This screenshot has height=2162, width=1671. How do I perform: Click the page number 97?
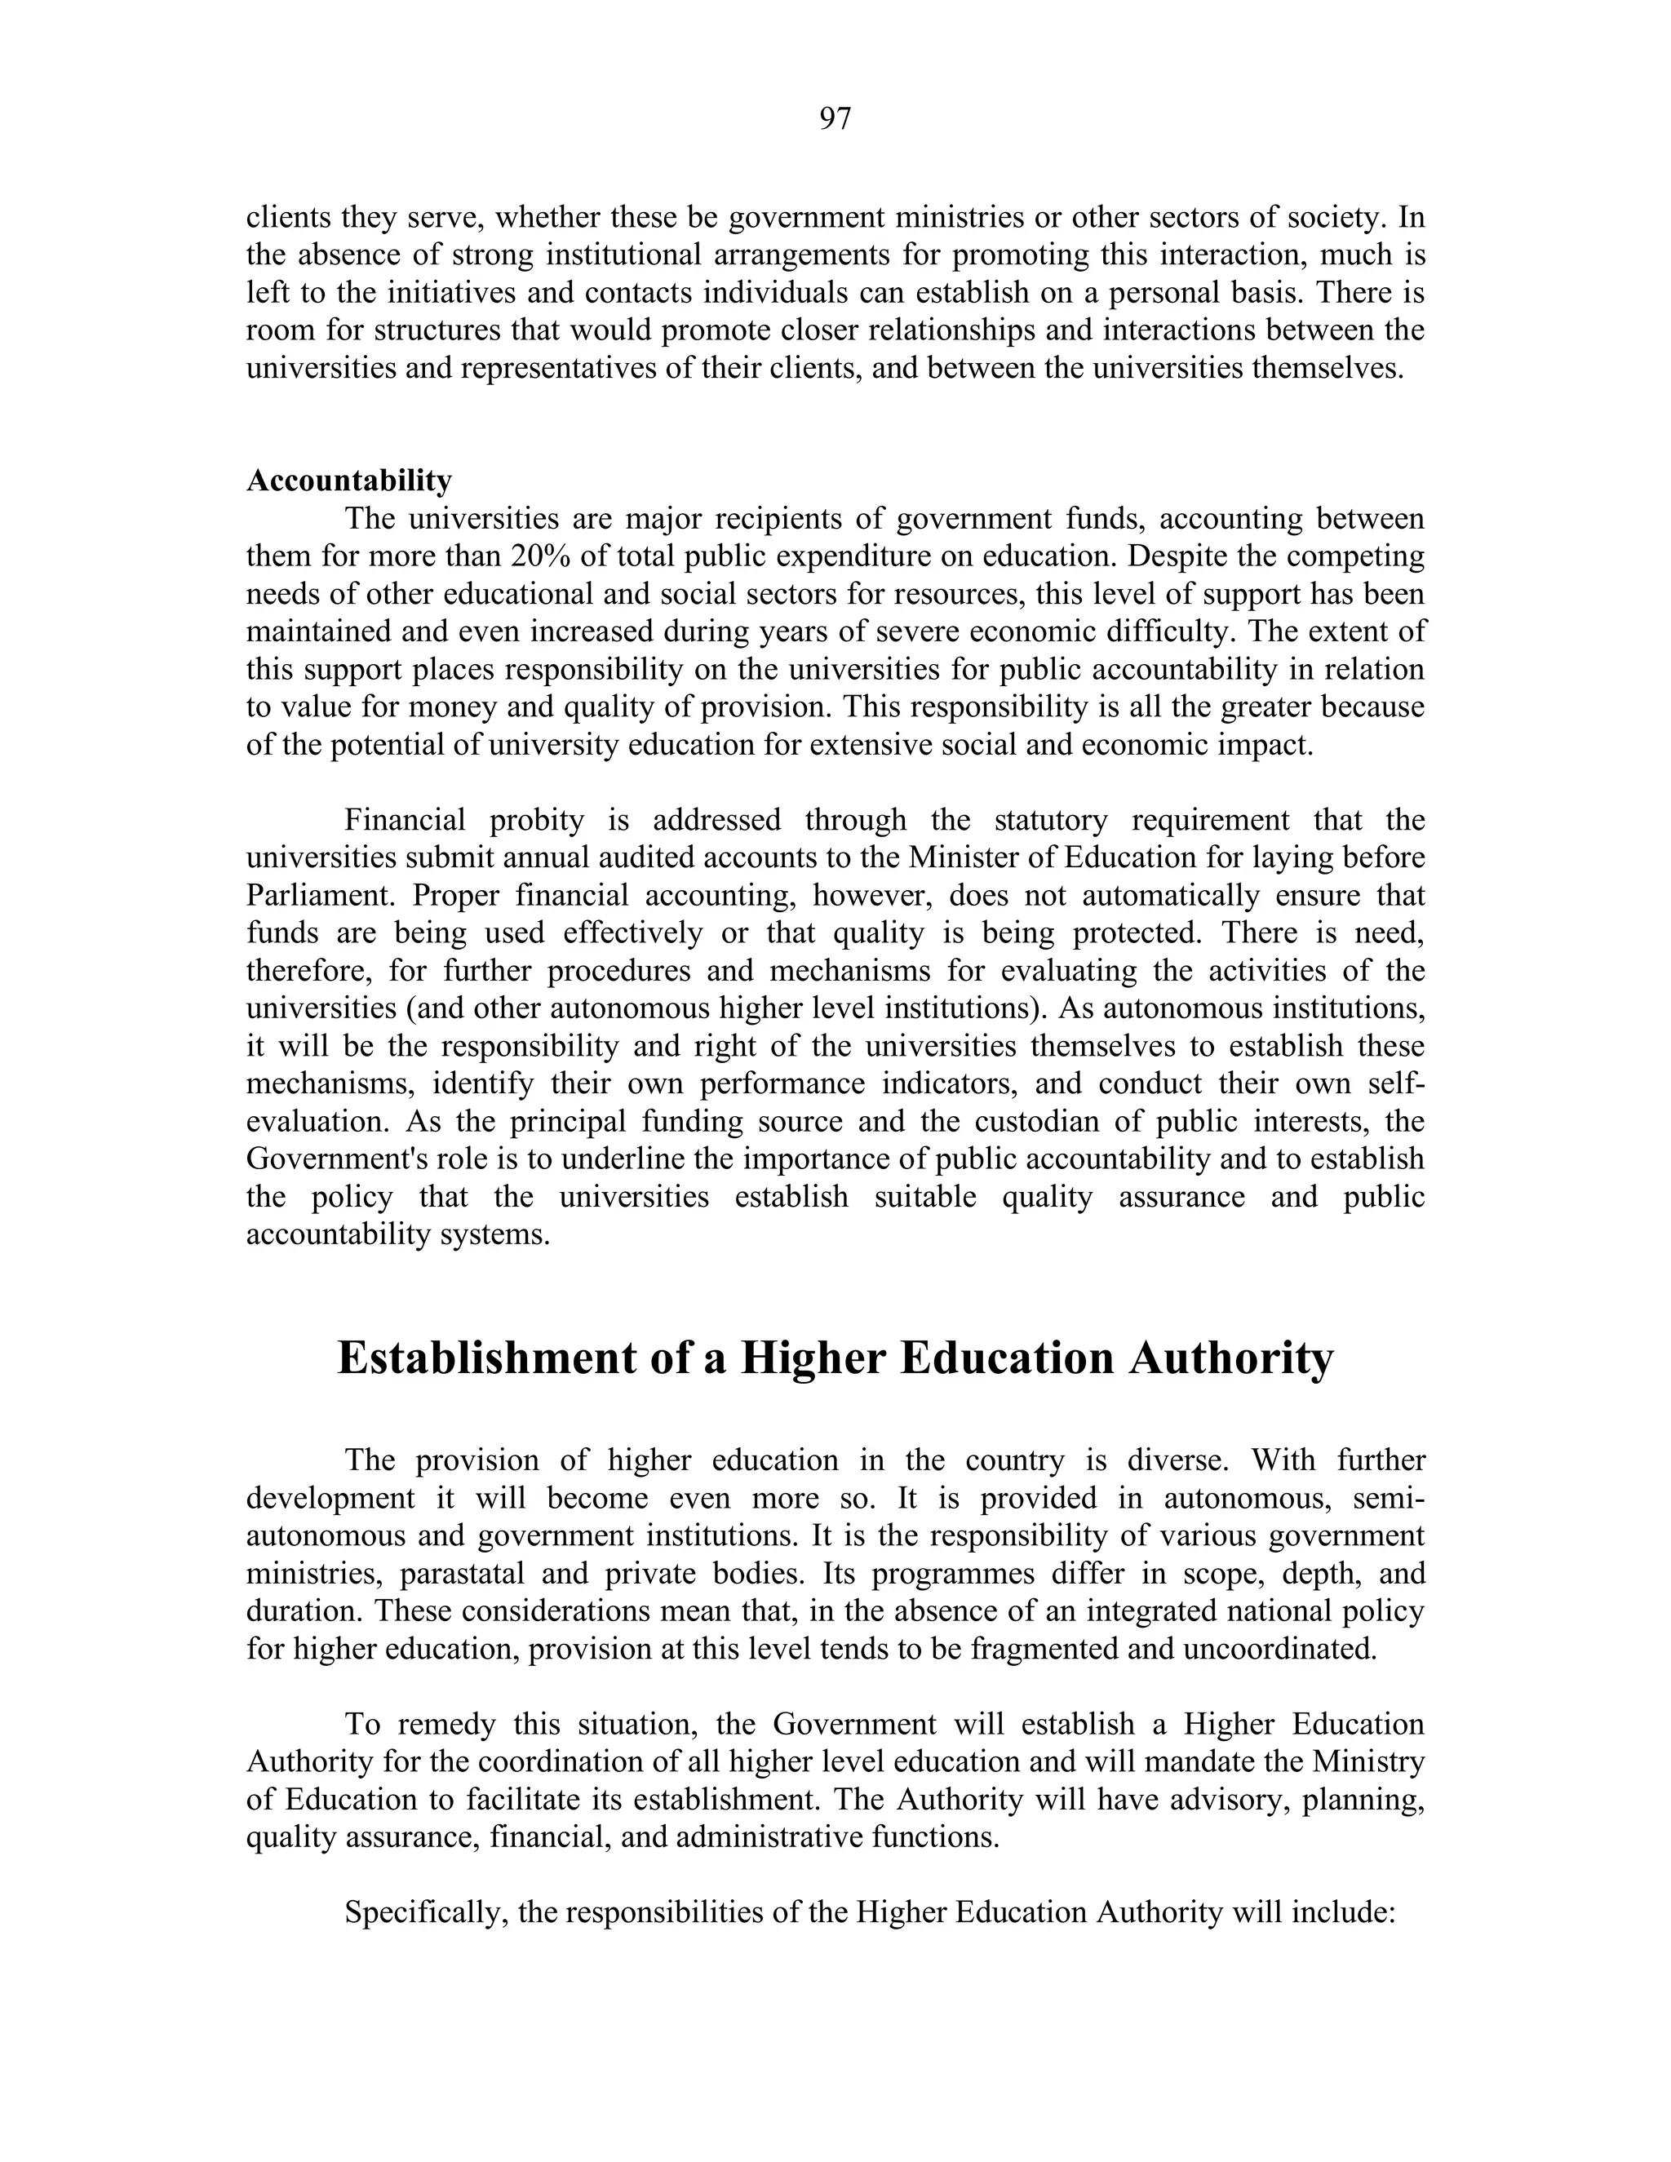835,119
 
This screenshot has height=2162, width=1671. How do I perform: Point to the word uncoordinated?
1276,1648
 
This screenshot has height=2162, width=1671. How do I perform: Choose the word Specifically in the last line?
426,1912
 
